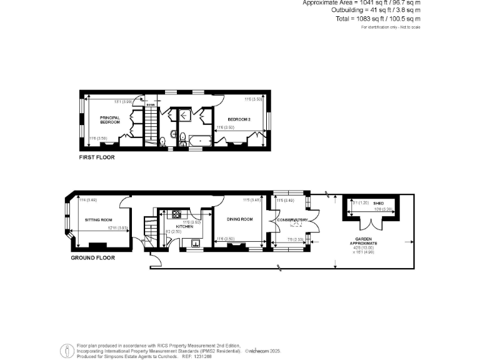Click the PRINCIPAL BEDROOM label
tap(109, 119)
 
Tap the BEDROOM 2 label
tap(239, 119)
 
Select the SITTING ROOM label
tap(98, 220)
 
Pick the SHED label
tap(378, 203)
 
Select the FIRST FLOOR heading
tap(97, 157)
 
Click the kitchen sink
tap(195, 244)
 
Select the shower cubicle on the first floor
tap(186, 114)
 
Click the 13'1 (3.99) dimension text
tap(122, 102)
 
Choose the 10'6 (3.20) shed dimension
tap(382, 209)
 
